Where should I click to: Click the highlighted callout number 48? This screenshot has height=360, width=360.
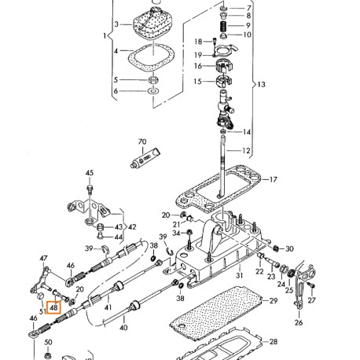pyautogui.click(x=53, y=307)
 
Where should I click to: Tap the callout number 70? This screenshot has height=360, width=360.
pyautogui.click(x=142, y=141)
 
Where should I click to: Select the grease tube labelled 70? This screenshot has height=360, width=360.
pyautogui.click(x=145, y=158)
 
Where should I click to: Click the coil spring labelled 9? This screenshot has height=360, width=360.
pyautogui.click(x=223, y=25)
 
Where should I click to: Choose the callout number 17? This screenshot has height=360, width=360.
pyautogui.click(x=273, y=179)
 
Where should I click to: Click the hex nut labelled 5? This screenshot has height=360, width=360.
pyautogui.click(x=152, y=79)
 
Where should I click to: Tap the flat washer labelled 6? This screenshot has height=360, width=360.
pyautogui.click(x=153, y=91)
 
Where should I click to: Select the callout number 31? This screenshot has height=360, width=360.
pyautogui.click(x=239, y=275)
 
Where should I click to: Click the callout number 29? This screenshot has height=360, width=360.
pyautogui.click(x=274, y=300)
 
